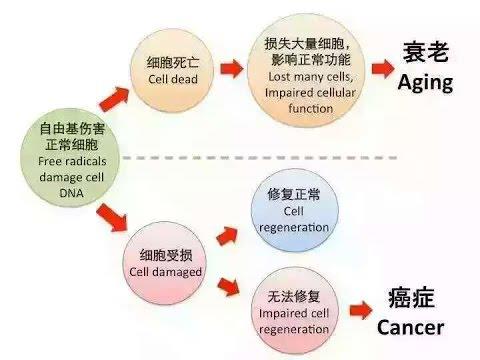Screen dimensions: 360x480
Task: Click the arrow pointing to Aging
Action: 381,68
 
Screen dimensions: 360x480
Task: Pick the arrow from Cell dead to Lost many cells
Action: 231,70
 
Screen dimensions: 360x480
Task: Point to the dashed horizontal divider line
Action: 300,157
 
